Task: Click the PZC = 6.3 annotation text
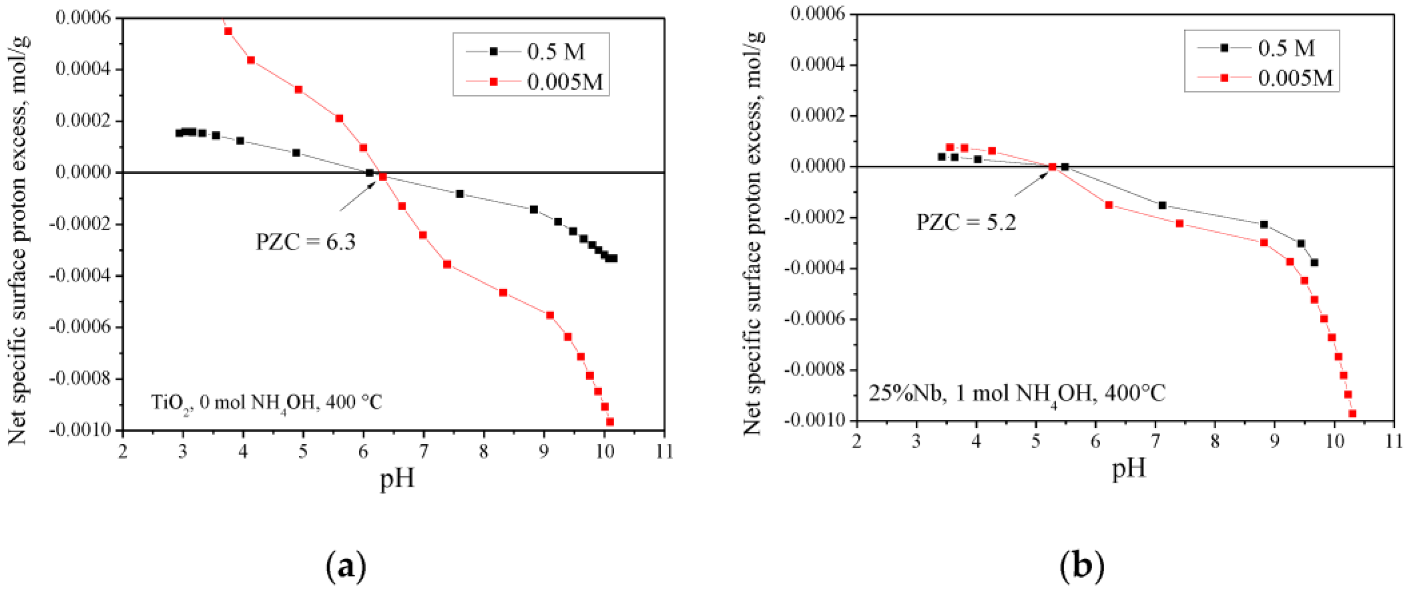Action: tap(306, 242)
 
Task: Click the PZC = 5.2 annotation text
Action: tap(966, 223)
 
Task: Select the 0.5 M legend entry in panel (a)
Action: tap(555, 51)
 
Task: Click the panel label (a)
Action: tap(345, 567)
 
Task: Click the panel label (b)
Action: tap(1081, 567)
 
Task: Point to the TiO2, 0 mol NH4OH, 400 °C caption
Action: tap(266, 403)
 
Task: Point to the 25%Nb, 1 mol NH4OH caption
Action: tap(1017, 393)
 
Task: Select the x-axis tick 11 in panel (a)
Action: tap(664, 451)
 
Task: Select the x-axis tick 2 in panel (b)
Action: tap(856, 441)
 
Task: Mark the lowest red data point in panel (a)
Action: tap(610, 422)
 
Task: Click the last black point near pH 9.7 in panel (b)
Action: tap(1314, 262)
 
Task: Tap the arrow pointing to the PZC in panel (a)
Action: tap(357, 197)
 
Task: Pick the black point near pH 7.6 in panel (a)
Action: tap(460, 194)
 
